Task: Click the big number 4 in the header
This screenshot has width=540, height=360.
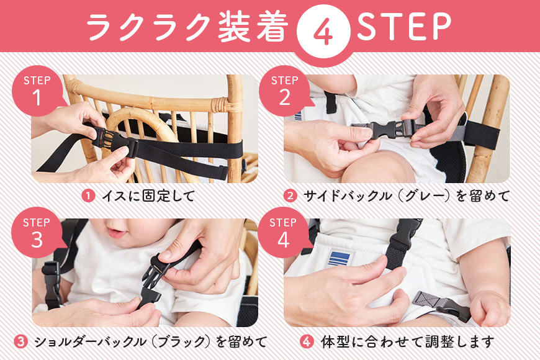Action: (323, 32)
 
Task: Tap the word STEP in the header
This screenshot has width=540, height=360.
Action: (404, 25)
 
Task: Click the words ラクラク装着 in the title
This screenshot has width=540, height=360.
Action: (187, 27)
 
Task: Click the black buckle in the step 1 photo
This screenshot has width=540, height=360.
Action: (111, 140)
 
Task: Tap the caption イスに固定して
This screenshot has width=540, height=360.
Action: (149, 196)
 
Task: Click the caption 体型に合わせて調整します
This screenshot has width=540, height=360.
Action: (407, 342)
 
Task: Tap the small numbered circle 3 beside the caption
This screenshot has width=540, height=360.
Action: (20, 342)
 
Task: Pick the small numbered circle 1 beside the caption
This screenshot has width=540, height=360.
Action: (88, 196)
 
